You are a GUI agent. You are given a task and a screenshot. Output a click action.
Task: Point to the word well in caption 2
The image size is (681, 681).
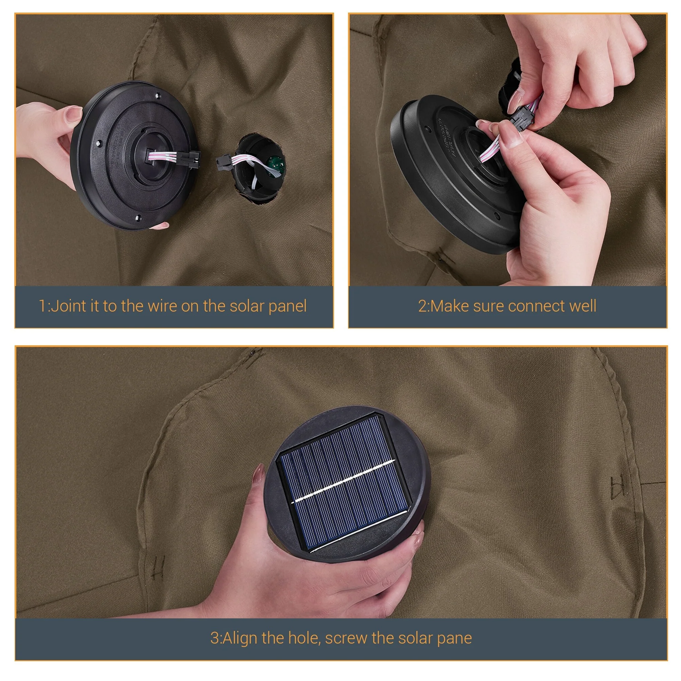(x=583, y=306)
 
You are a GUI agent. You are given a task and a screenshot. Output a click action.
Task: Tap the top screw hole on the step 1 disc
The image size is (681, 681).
(x=158, y=94)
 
